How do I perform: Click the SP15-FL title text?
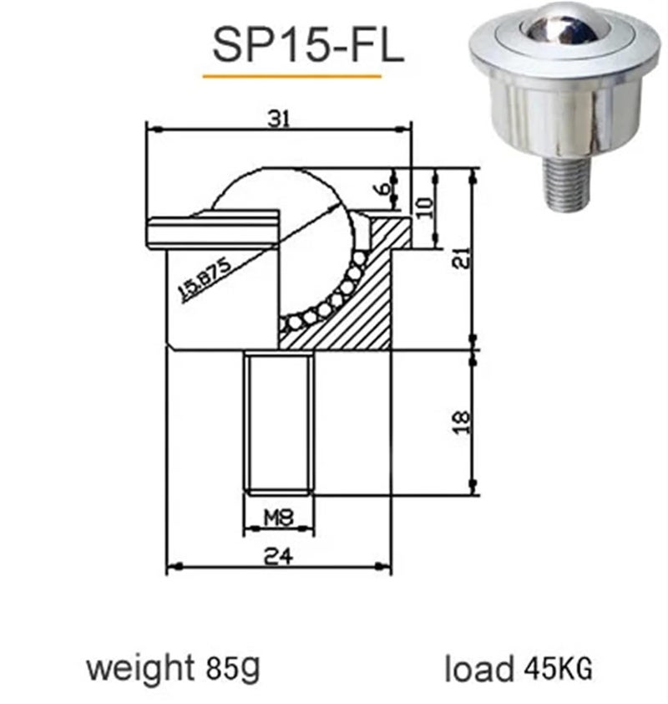tap(308, 45)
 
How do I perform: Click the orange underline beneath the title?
tap(291, 76)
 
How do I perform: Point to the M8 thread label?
tap(279, 518)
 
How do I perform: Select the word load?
tap(478, 669)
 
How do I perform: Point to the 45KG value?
tap(559, 669)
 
